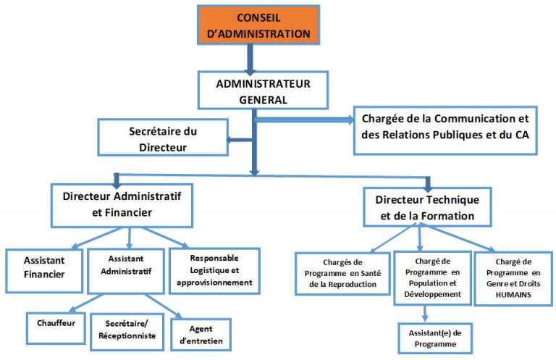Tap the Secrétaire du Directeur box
163,138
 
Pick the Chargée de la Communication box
445,130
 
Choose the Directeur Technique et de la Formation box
424,206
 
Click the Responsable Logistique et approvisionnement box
214,269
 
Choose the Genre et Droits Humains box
513,277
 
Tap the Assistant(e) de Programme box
435,338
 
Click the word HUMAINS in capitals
513,295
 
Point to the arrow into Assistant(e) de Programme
426,313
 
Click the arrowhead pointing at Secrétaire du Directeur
229,140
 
